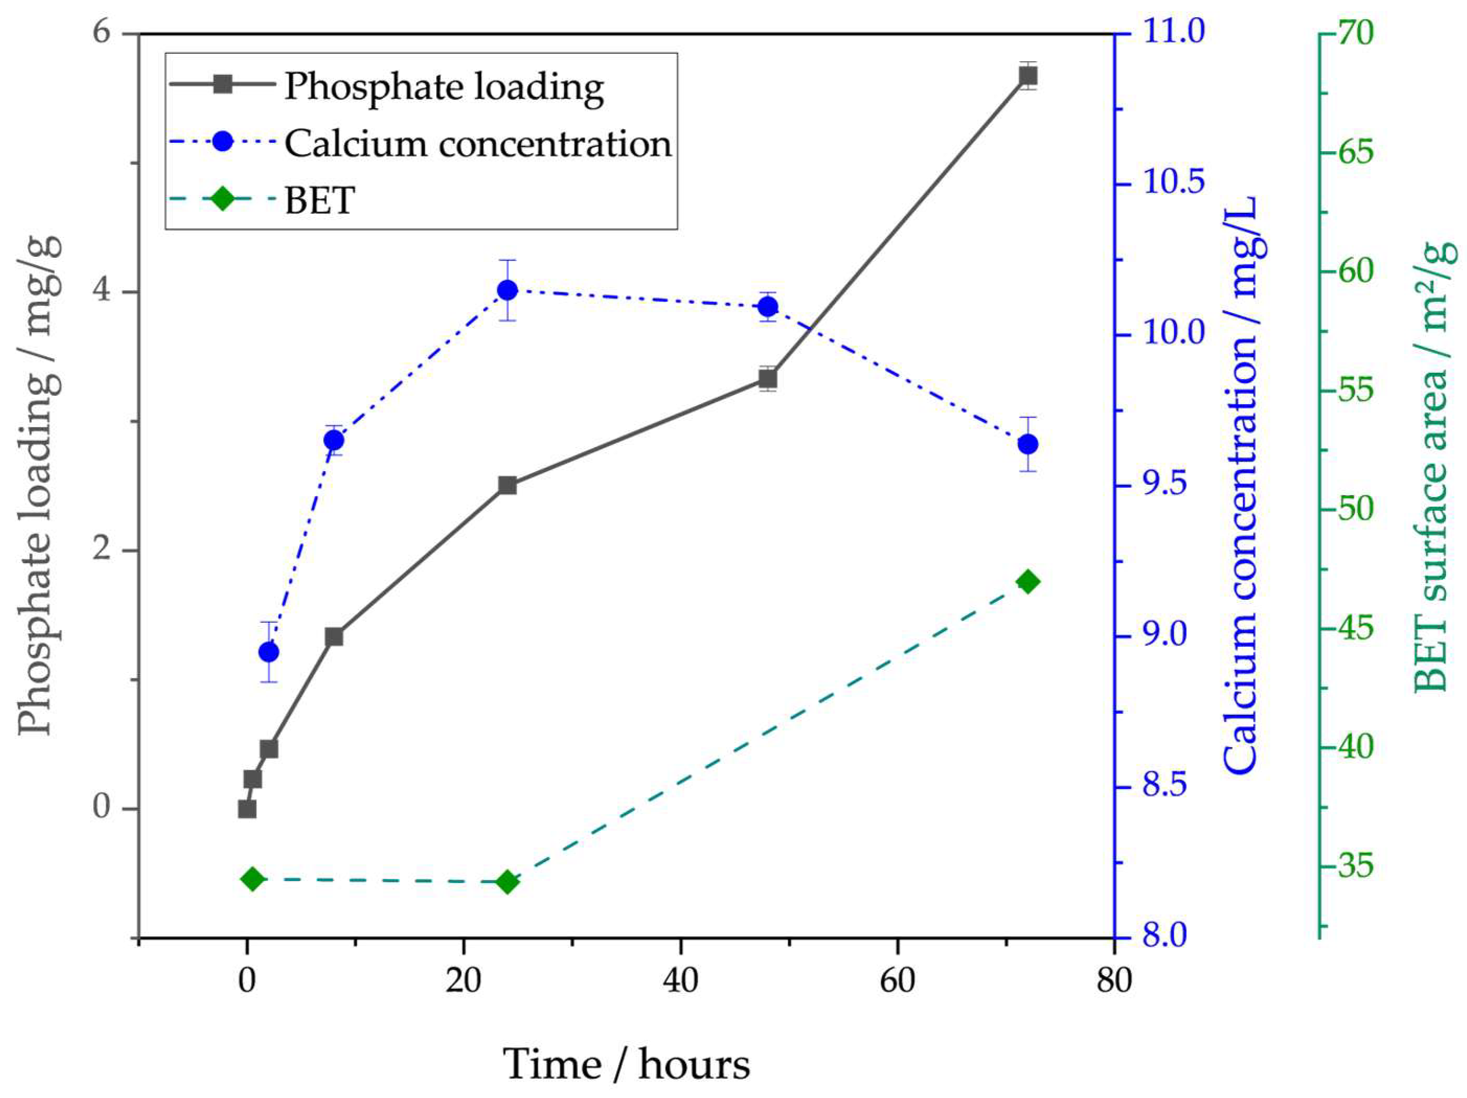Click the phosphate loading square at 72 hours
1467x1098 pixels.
[1027, 76]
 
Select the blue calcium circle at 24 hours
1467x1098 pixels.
[507, 290]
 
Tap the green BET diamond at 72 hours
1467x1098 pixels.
[1027, 581]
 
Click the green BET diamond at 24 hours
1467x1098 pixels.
[507, 882]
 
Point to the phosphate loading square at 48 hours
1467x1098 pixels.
[767, 379]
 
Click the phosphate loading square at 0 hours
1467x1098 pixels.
[247, 808]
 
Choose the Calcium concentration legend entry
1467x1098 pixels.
[477, 143]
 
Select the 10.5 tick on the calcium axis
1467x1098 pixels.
[1173, 184]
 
